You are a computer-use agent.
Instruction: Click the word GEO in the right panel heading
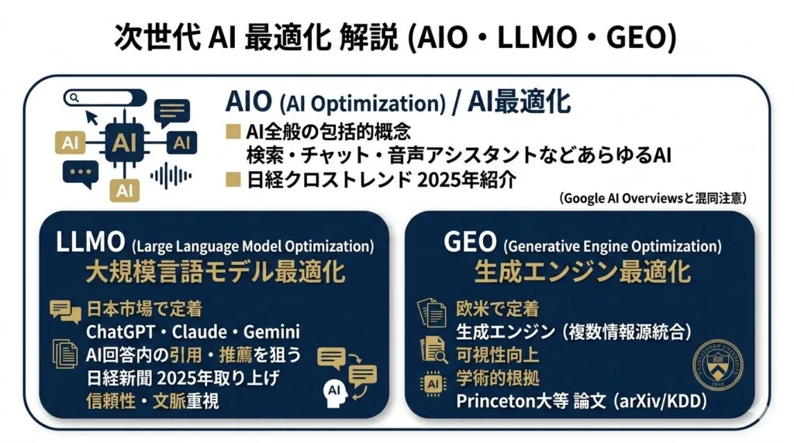[470, 242]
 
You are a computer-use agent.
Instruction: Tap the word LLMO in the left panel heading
[91, 242]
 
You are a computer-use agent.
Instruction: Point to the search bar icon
[105, 98]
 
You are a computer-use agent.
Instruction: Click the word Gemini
[271, 331]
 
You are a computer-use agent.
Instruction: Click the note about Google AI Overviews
[652, 198]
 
